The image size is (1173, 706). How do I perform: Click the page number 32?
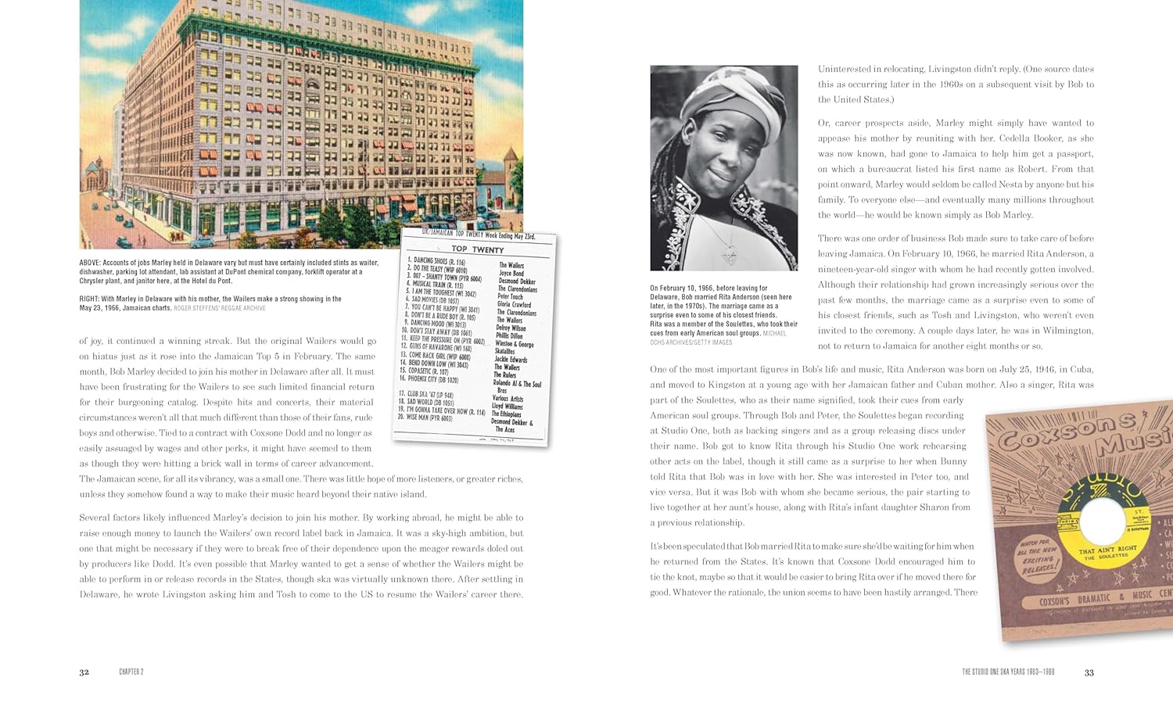pos(84,672)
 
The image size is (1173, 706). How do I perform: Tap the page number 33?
pos(1089,672)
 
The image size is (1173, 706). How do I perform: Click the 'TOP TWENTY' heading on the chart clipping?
pos(477,249)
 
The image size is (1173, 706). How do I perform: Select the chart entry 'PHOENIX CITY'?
pos(432,378)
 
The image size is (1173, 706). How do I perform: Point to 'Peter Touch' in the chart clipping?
pos(510,296)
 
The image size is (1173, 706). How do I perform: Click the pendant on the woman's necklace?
pos(729,255)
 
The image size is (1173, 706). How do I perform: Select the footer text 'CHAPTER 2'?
pos(131,672)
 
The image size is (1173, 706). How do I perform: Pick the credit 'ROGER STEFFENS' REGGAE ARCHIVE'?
pos(220,308)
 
